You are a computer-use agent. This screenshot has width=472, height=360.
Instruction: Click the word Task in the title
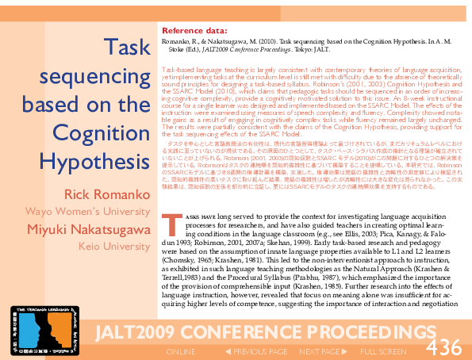(128, 48)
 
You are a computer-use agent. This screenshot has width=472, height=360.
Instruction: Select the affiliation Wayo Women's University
(87, 212)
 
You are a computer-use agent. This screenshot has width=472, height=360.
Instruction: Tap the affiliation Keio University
(114, 247)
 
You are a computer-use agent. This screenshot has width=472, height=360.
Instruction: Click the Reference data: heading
(194, 32)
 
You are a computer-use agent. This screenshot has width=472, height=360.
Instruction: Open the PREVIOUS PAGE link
(255, 351)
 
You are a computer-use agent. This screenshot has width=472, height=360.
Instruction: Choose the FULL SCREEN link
(385, 351)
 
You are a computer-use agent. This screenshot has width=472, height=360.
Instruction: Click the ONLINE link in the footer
(180, 351)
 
